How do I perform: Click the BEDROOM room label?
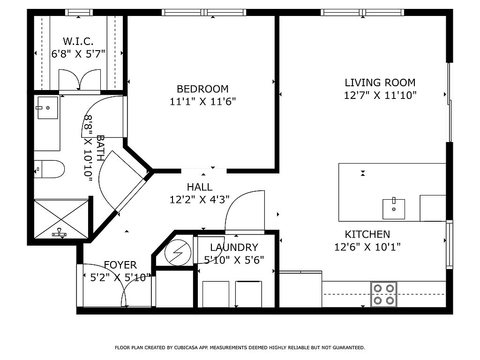click(x=202, y=89)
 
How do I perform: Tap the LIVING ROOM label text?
click(x=380, y=82)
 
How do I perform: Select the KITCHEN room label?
click(x=367, y=234)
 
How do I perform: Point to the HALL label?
click(x=200, y=187)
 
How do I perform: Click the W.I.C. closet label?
click(x=78, y=41)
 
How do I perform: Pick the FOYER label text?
click(x=120, y=265)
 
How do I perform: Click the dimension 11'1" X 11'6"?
click(x=202, y=101)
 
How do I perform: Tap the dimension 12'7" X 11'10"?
click(x=380, y=95)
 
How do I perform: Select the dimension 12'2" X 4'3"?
click(x=200, y=200)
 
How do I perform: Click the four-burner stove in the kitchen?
click(x=384, y=294)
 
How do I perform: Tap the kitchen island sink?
click(x=394, y=209)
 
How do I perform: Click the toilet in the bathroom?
click(x=49, y=169)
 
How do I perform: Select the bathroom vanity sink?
click(x=47, y=108)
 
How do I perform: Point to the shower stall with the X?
click(x=61, y=218)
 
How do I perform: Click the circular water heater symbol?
click(x=178, y=253)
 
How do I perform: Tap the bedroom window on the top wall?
click(x=204, y=12)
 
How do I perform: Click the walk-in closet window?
click(x=79, y=12)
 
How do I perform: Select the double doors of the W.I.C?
click(x=80, y=80)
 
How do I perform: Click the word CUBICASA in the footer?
click(x=186, y=347)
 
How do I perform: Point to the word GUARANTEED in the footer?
click(x=349, y=347)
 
